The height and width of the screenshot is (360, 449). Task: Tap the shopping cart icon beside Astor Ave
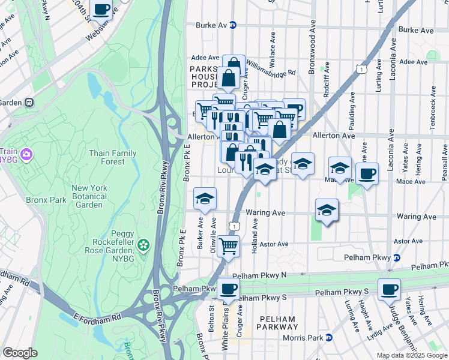pyautogui.click(x=228, y=245)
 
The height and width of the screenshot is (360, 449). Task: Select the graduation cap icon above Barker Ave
pyautogui.click(x=205, y=199)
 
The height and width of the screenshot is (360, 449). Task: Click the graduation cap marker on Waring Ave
pyautogui.click(x=327, y=210)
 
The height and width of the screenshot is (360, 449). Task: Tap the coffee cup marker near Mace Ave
pyautogui.click(x=367, y=174)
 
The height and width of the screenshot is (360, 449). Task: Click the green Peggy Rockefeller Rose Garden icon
pyautogui.click(x=143, y=244)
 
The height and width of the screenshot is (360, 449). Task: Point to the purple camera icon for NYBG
pyautogui.click(x=26, y=155)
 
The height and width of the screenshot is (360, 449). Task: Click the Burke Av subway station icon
pyautogui.click(x=233, y=25)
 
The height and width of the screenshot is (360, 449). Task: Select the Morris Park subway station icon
pyautogui.click(x=328, y=338)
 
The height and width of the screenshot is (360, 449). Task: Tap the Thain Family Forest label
pyautogui.click(x=112, y=157)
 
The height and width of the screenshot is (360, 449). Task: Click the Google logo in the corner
pyautogui.click(x=20, y=353)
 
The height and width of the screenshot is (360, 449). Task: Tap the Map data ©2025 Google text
pyautogui.click(x=411, y=355)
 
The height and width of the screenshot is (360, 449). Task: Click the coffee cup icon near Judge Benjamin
pyautogui.click(x=388, y=289)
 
